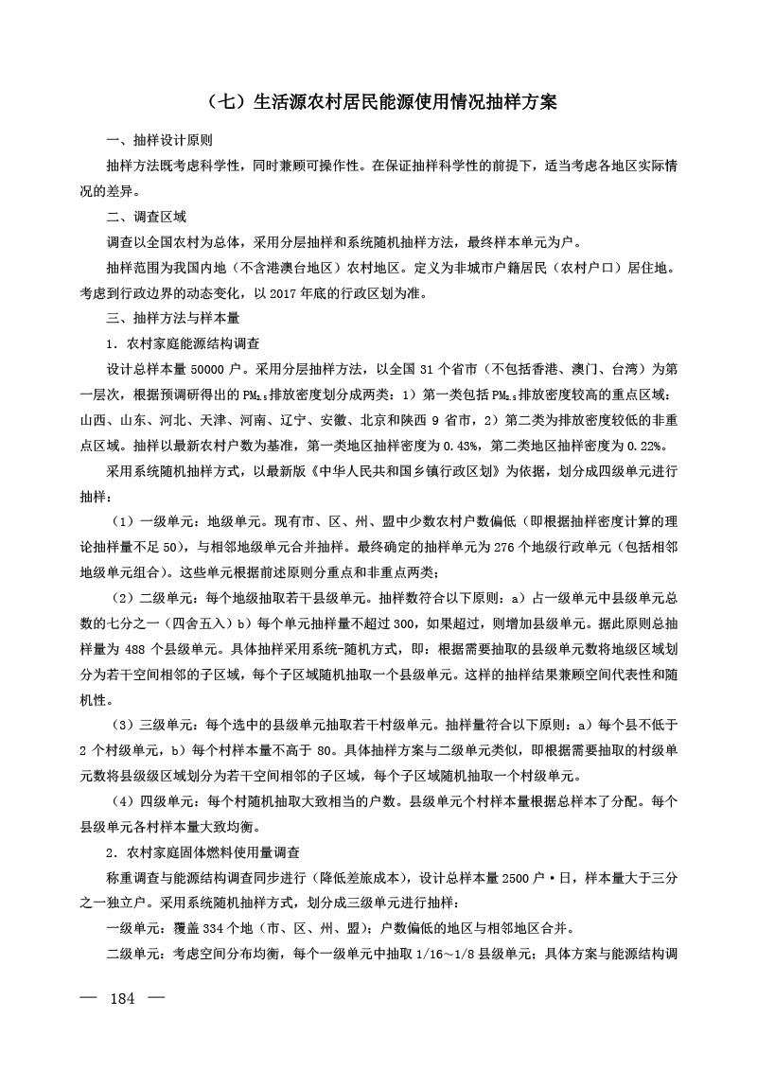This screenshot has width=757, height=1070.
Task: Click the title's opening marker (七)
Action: coord(217,102)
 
